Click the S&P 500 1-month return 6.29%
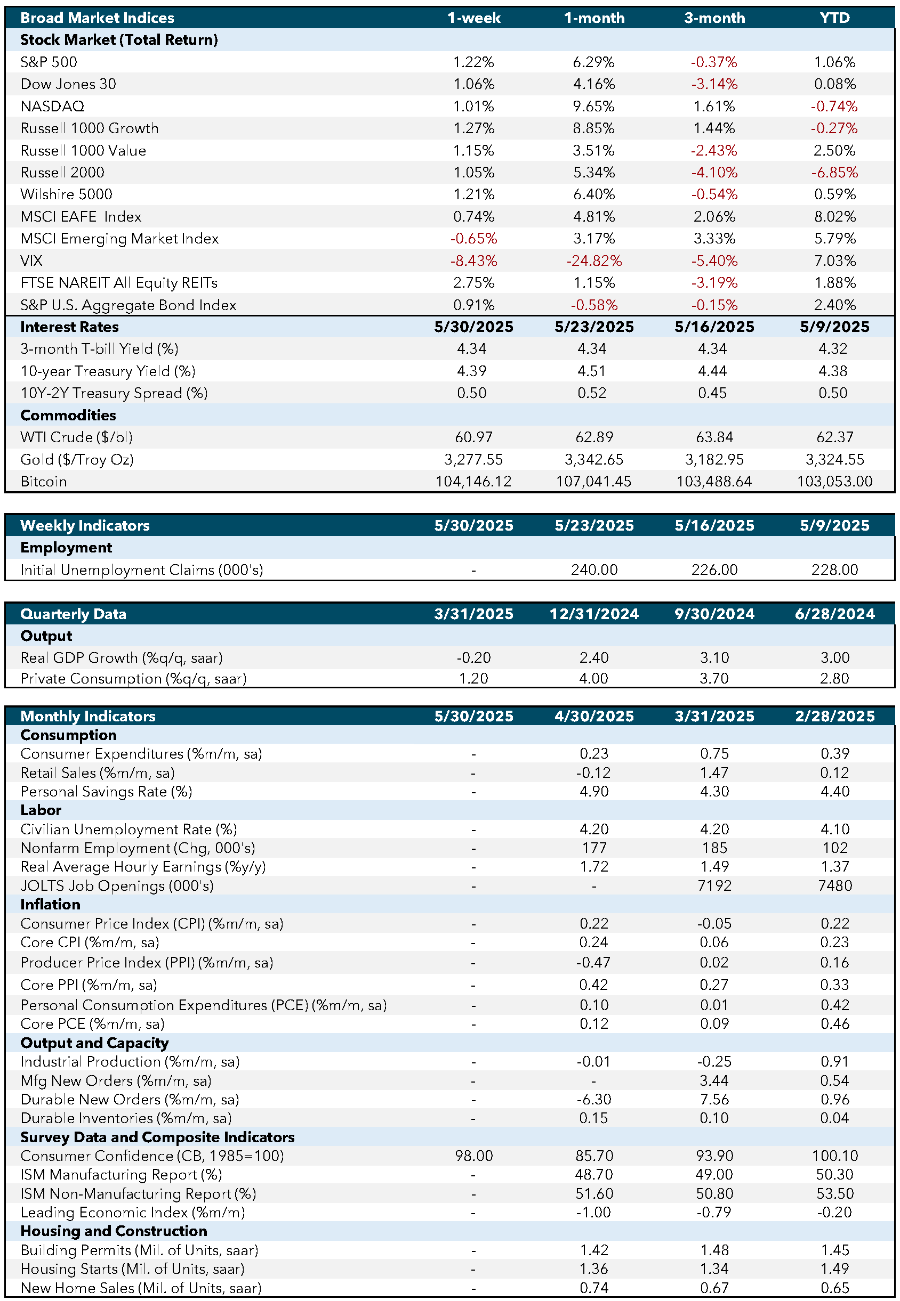[x=594, y=62]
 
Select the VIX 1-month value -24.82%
[x=594, y=261]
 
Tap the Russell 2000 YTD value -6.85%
[x=834, y=173]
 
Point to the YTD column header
[x=834, y=18]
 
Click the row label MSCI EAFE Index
[x=81, y=217]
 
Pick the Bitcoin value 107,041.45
[x=594, y=482]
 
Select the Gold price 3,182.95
[x=714, y=460]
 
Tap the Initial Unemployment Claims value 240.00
[x=594, y=570]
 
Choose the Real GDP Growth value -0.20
[x=473, y=658]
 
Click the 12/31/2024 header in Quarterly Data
[x=594, y=614]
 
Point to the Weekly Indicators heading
[x=85, y=526]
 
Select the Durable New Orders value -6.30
[x=594, y=1099]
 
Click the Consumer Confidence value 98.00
[x=473, y=1156]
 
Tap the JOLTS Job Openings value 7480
[x=834, y=886]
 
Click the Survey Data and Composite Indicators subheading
[x=157, y=1137]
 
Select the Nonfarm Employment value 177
[x=594, y=848]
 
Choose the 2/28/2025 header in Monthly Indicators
[x=834, y=716]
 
